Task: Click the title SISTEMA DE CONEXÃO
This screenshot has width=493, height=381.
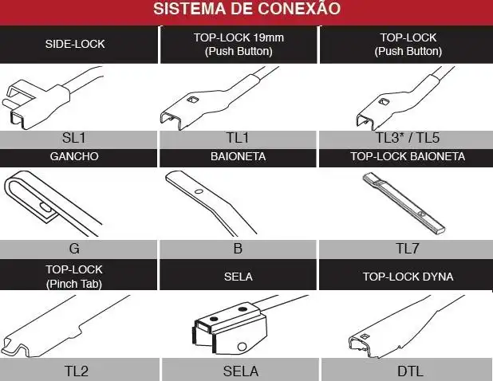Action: pos(246,9)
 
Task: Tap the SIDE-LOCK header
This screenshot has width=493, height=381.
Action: pos(75,44)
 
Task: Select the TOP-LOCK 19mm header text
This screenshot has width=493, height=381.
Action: pos(239,37)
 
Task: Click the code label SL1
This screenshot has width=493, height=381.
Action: pos(74,138)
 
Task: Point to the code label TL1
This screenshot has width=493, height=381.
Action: pos(238,138)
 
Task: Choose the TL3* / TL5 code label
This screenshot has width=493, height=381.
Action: pos(408,138)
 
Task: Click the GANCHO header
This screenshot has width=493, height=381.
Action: pos(74,156)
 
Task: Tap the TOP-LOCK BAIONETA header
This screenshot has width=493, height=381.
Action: pos(408,156)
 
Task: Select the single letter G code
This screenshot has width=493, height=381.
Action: pos(74,249)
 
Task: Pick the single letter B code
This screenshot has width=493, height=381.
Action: pos(238,249)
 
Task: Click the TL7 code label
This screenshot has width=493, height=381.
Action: pos(408,249)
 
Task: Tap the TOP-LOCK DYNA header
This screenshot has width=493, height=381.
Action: pos(408,277)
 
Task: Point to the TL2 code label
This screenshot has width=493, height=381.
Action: pos(77,371)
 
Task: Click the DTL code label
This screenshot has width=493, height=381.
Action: pos(410,371)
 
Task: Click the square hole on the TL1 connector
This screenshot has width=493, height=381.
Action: pos(191,100)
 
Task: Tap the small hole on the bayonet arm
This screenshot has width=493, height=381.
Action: pos(199,191)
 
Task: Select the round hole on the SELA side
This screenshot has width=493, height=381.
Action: pos(242,347)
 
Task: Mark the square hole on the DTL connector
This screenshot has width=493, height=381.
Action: pos(365,336)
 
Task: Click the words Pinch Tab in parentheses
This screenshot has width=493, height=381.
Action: pos(74,284)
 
